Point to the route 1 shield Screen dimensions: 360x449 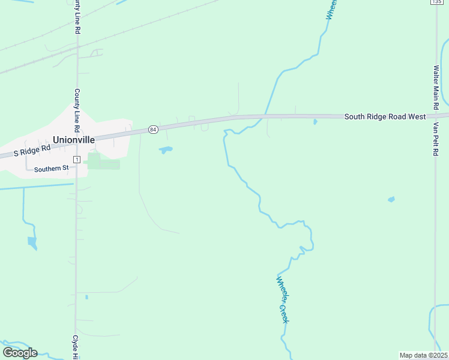[77, 159]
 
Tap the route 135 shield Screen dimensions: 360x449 [436, 2]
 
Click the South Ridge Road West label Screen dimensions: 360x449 [385, 116]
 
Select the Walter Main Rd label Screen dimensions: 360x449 [437, 83]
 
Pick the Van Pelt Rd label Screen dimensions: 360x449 [436, 139]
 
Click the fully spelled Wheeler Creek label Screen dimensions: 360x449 [283, 299]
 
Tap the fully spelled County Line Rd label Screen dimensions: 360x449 [77, 111]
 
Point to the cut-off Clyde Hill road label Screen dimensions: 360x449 [76, 347]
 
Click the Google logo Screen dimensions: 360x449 [20, 353]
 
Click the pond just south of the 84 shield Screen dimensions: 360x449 [165, 149]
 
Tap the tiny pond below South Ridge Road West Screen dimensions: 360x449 [315, 122]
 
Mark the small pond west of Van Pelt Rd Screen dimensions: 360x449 [391, 199]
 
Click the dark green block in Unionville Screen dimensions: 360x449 [94, 161]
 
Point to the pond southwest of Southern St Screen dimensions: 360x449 [32, 242]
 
